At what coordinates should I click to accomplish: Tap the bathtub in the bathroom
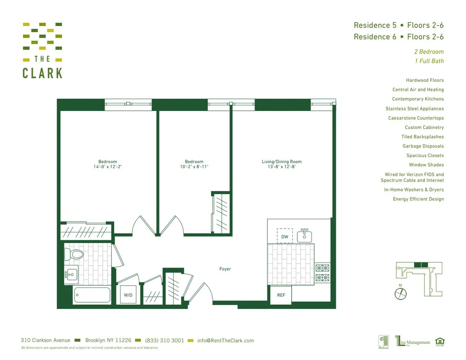(92, 296)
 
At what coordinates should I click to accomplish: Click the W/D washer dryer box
(128, 295)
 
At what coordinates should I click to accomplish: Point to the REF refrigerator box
(281, 295)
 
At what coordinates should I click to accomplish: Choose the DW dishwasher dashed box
(285, 236)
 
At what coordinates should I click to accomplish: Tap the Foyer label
(225, 269)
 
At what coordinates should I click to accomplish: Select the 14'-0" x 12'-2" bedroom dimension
(107, 167)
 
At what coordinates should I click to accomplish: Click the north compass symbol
(401, 293)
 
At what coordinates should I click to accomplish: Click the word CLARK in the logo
(42, 73)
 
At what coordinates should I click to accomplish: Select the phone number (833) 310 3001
(164, 340)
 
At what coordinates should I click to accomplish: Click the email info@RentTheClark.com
(226, 340)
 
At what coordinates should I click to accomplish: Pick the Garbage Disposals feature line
(423, 146)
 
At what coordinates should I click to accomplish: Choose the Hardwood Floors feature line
(425, 80)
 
